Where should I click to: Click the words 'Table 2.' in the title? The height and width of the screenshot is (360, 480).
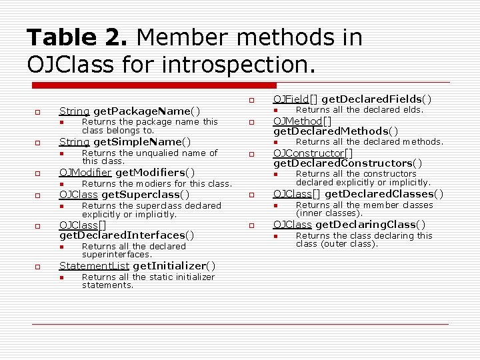pos(74,37)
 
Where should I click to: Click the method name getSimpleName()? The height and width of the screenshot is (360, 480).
pos(142,141)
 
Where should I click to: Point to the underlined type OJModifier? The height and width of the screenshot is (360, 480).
pos(86,172)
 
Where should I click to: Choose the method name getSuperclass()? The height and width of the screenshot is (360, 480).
pos(145,194)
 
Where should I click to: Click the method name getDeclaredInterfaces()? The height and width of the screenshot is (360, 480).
pos(127,235)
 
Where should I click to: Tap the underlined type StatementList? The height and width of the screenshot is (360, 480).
pos(94,266)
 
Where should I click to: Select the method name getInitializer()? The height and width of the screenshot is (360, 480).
pos(174,266)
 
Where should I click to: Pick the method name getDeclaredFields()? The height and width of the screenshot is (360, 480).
pos(379,99)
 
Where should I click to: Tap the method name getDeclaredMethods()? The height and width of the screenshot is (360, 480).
pos(336,131)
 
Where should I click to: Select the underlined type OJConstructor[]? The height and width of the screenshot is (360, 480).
pos(313,153)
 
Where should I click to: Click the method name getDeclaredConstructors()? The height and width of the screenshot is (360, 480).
pos(347,163)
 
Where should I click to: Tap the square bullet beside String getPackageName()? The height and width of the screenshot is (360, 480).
pos(39,111)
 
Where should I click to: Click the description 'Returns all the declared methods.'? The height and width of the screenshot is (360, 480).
pos(369,141)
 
